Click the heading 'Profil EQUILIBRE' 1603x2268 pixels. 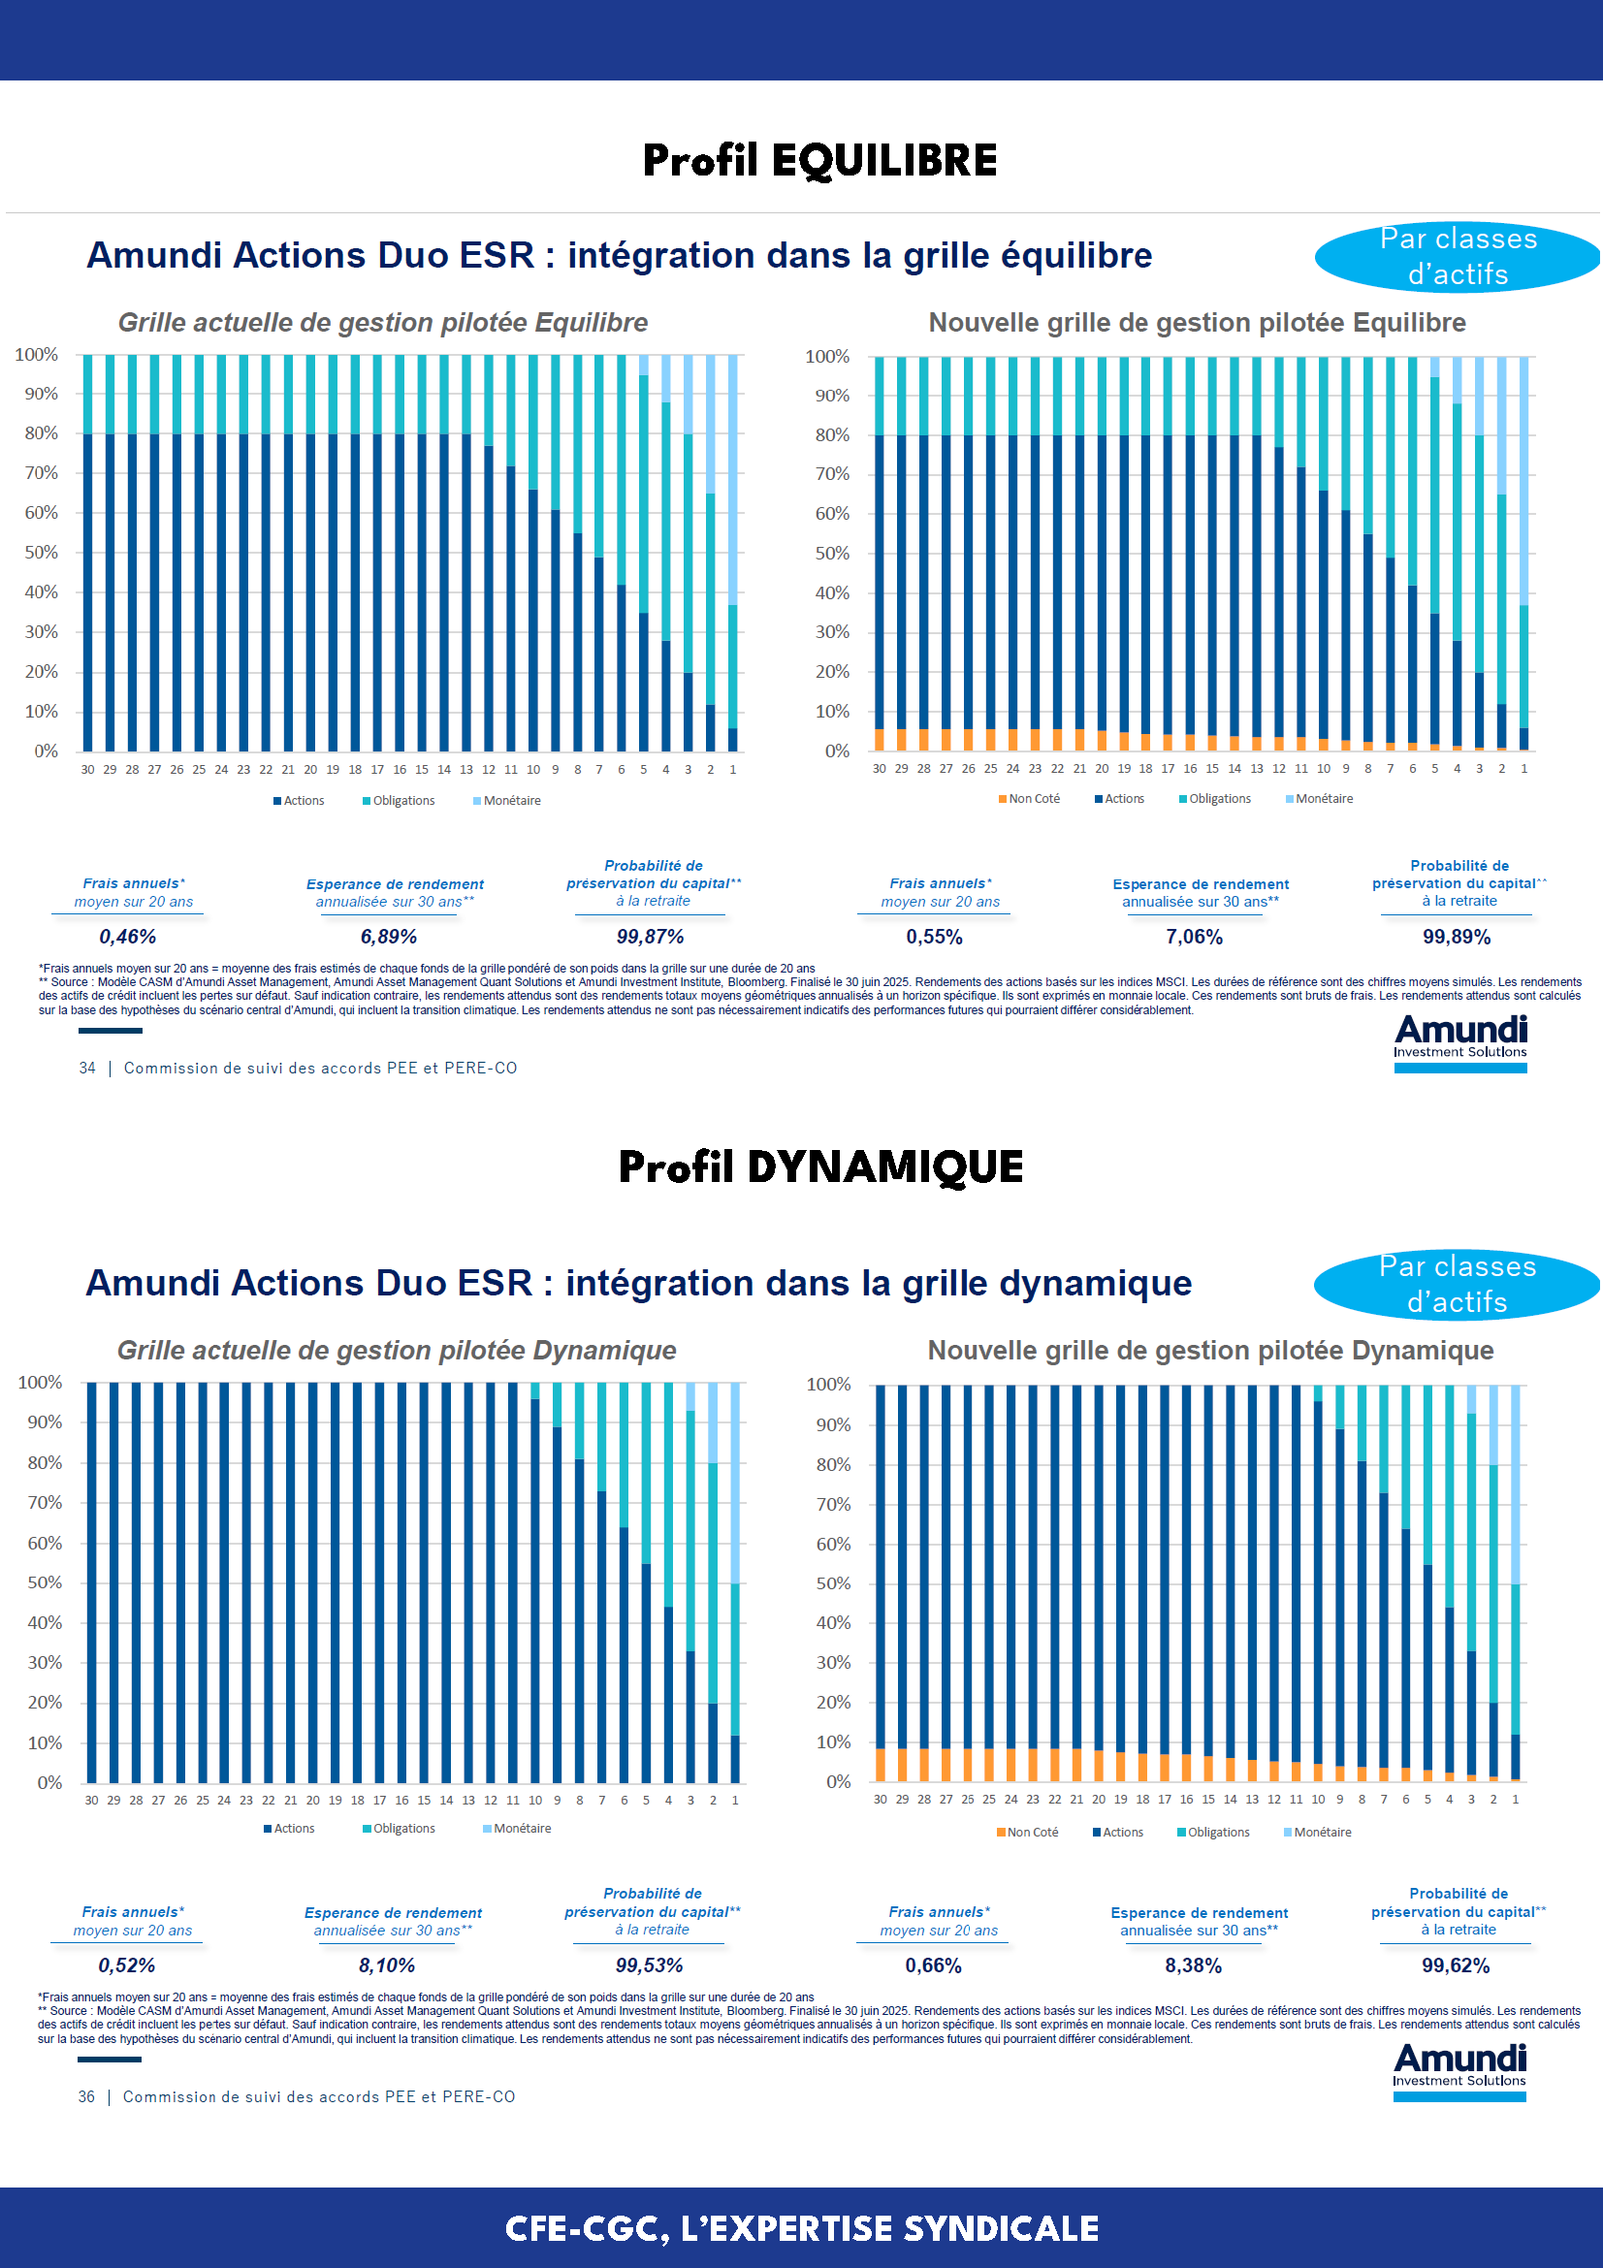click(x=818, y=160)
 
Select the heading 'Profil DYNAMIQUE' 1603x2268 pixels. click(x=819, y=1166)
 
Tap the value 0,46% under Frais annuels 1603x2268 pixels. click(x=127, y=937)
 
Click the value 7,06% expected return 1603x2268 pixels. click(x=1194, y=937)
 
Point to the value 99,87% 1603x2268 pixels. click(x=650, y=937)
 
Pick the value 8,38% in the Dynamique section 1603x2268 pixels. click(x=1193, y=1965)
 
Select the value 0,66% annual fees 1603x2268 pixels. click(x=933, y=1965)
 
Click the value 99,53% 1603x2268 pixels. click(x=649, y=1965)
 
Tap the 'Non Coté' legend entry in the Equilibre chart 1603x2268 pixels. click(x=1029, y=798)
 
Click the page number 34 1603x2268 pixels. click(x=87, y=1068)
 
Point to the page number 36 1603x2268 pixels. click(x=86, y=2096)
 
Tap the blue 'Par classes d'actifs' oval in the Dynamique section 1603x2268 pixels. click(x=1457, y=1284)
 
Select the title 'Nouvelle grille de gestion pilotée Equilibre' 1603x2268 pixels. click(x=1197, y=323)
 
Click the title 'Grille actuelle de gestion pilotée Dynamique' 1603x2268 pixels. click(x=396, y=1351)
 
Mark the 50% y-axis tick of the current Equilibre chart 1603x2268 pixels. click(x=42, y=552)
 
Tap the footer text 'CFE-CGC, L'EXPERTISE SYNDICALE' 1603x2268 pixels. click(x=801, y=2228)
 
